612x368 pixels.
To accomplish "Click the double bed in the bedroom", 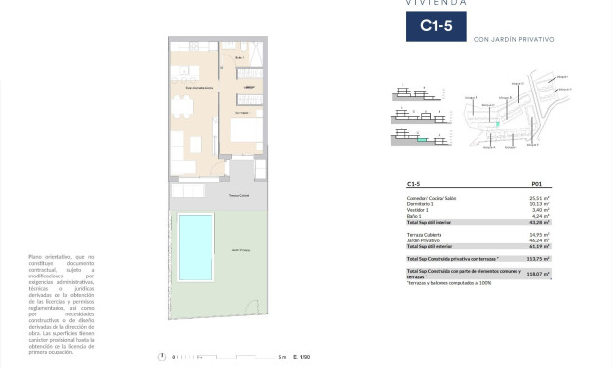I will click(247, 129).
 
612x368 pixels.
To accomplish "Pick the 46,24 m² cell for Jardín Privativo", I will click(533, 239).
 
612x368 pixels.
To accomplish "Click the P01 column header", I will click(536, 184).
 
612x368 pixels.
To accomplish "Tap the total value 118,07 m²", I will click(532, 275).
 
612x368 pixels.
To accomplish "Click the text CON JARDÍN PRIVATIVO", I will click(513, 39).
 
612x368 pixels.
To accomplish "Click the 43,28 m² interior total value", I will click(533, 222).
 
